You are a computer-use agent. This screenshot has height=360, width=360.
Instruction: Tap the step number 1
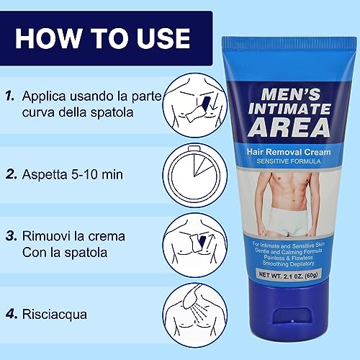tap(9, 94)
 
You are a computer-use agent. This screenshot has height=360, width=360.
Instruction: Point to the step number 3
tap(10, 235)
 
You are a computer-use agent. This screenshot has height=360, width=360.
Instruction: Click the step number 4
tap(10, 314)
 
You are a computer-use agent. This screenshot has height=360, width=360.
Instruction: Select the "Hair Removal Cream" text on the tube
tap(289, 152)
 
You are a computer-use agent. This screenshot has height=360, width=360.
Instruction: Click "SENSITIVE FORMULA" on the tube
tap(289, 162)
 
